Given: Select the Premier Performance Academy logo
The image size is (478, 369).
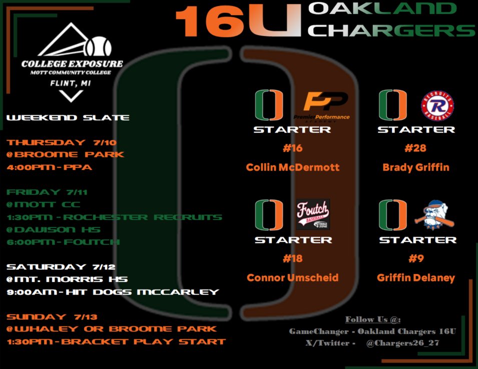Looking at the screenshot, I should coord(326,105).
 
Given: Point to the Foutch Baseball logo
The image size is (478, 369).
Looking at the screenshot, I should coord(313,214).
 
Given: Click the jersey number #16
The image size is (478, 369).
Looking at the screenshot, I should coord(292,148).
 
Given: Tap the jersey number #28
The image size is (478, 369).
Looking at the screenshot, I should coord(416,148).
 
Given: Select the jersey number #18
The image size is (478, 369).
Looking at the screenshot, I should coord(292,258).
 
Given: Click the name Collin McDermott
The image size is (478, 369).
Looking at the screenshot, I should coord(293,167).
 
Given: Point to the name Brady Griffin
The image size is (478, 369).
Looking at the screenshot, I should coord(416,167).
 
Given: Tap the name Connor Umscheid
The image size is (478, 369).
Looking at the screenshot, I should coord(293,277).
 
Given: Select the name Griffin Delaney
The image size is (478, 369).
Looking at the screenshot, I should coord(416,277).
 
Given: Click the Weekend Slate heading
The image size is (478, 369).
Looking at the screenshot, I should coord(68,118).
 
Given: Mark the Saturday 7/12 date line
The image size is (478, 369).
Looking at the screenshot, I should coord(60,266).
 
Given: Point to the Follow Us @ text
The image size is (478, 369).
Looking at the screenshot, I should coord(372,319).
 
